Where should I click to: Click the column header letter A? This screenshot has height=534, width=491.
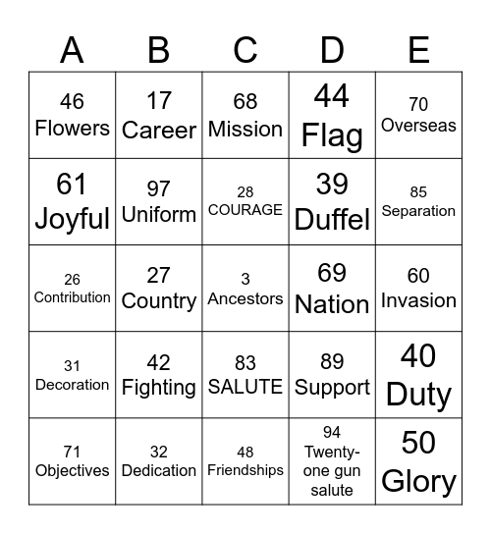click(72, 48)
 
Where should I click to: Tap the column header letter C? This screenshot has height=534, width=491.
click(245, 48)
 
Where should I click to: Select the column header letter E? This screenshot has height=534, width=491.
click(418, 48)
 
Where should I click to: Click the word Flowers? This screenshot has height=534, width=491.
click(72, 128)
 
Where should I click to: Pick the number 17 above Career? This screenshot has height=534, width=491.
click(158, 101)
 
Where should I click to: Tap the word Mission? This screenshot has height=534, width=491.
click(245, 129)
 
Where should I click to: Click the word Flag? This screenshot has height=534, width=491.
click(332, 135)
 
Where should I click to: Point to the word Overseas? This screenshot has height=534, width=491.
click(418, 126)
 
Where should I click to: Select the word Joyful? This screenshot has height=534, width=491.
click(72, 218)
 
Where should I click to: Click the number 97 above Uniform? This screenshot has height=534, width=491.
click(158, 188)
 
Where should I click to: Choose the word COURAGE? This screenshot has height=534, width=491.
click(245, 210)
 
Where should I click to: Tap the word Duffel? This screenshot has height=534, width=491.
click(332, 220)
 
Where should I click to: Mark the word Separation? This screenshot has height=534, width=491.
click(418, 211)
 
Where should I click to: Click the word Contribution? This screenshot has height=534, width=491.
click(72, 297)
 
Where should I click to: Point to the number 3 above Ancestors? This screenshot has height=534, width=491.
click(245, 279)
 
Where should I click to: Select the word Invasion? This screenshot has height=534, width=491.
click(418, 300)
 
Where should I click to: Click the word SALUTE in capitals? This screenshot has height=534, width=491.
click(245, 388)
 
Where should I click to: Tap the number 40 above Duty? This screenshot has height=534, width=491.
click(418, 355)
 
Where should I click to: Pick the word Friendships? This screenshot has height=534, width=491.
click(245, 471)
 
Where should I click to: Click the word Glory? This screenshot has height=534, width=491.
click(418, 481)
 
